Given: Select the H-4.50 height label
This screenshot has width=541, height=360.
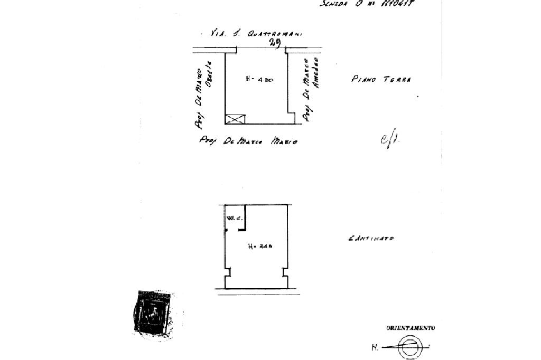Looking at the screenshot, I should coord(259,79).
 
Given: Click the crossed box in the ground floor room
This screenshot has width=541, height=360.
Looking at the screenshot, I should coord(235,119).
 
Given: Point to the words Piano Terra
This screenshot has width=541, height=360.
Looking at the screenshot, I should coord(381,79).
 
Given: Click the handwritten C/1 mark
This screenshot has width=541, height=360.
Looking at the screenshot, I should coord(389,140).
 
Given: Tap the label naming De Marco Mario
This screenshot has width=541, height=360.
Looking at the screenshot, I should coord(248,141).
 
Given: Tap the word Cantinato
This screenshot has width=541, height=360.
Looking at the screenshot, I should coord(371,239).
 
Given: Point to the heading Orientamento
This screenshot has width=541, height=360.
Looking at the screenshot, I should coord(411,328).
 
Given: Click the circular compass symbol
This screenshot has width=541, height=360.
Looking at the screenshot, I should coord(410,347).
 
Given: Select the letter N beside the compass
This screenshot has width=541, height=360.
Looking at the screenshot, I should coord(375,348).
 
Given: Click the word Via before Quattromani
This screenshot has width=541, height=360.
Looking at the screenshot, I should coord(219,33).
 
